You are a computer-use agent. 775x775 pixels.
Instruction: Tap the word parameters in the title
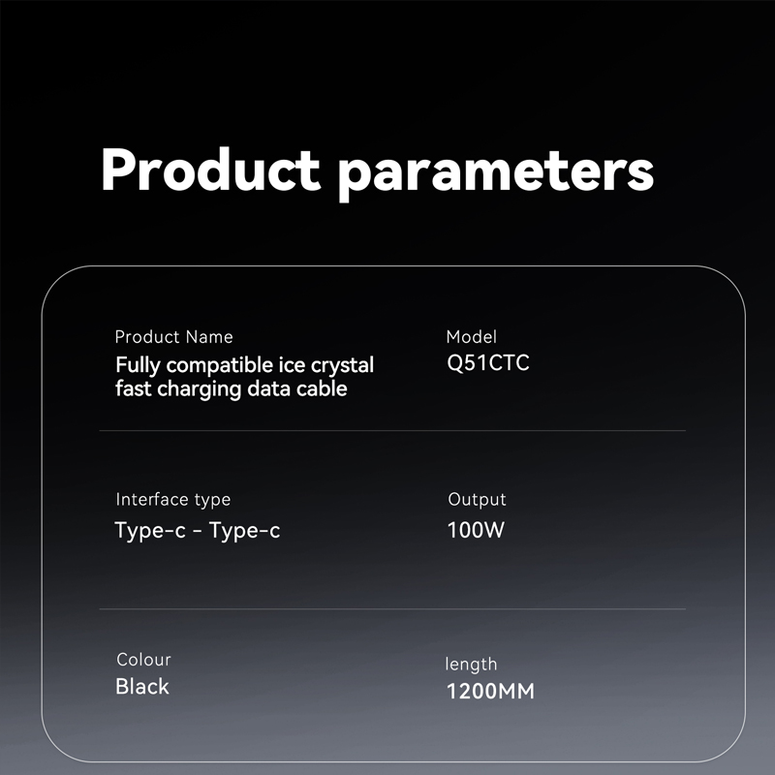point(496,173)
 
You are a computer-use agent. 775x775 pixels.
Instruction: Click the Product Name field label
point(174,337)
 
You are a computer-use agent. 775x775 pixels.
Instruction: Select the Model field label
point(471,336)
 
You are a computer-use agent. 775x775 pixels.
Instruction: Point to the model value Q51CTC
point(488,362)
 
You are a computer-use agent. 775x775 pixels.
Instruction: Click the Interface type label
point(173,500)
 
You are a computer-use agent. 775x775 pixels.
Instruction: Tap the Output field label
point(477,500)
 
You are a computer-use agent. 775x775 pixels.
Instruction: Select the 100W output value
point(476,530)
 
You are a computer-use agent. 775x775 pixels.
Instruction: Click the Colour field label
point(143,660)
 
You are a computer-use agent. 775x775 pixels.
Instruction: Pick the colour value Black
point(142,687)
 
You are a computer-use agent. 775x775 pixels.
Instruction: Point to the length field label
point(471,665)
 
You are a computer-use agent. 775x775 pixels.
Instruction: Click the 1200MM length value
point(490,691)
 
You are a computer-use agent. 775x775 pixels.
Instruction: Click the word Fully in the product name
point(138,366)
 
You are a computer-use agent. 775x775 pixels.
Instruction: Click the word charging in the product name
point(200,390)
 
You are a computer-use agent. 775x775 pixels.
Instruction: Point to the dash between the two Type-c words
point(198,531)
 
